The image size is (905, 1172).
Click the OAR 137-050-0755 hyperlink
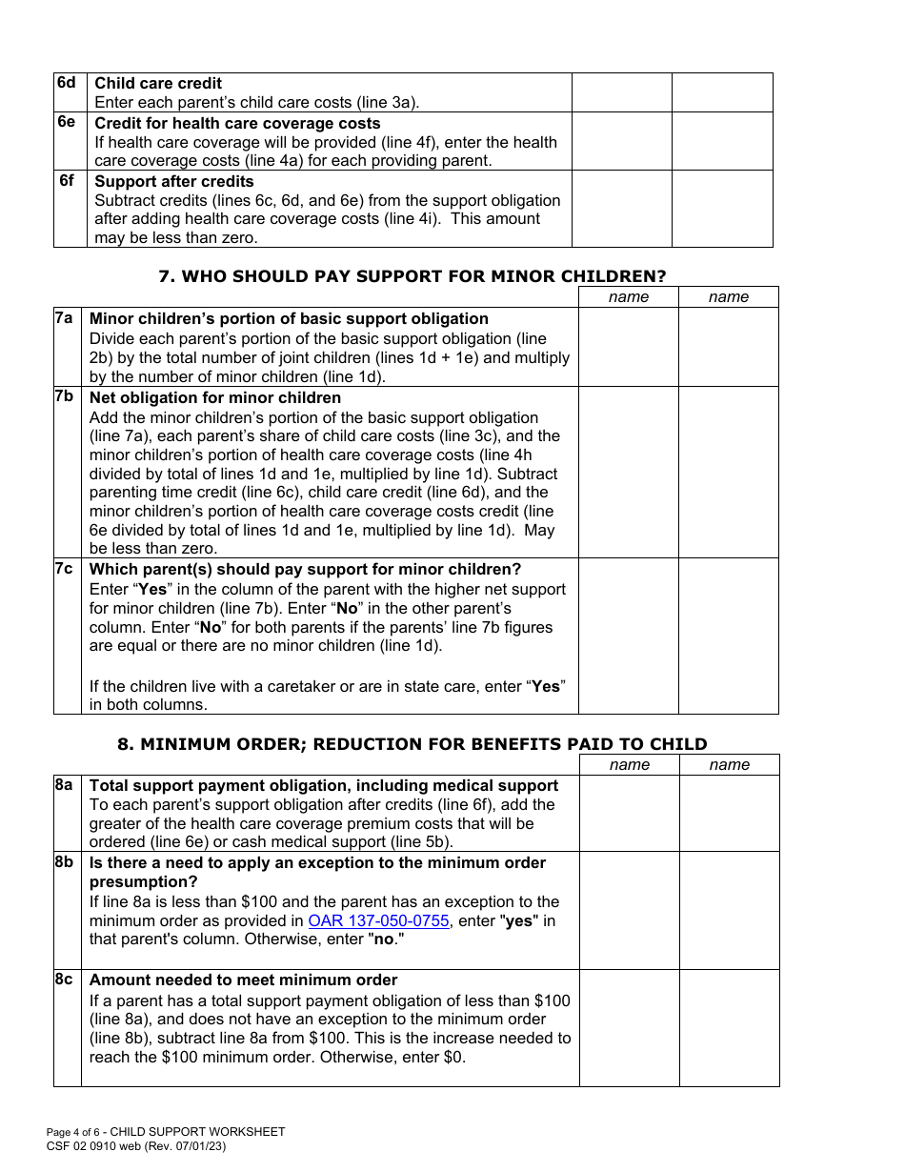(378, 920)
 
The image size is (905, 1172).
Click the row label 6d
(66, 83)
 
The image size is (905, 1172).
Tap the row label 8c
(64, 980)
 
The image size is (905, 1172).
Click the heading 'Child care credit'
(158, 83)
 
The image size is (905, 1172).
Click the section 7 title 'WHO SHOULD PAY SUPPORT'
(412, 276)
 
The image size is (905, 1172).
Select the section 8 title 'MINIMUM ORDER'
(424, 744)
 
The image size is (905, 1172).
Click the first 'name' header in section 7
(629, 297)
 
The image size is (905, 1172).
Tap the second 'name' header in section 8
(730, 765)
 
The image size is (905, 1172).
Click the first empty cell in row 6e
(621, 141)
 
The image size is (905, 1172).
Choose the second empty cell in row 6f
(722, 209)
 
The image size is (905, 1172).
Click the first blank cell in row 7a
(629, 347)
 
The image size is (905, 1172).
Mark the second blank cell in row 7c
(729, 636)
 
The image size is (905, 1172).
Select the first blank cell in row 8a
(629, 813)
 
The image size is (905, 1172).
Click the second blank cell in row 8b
(729, 910)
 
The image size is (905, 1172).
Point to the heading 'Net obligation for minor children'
(215, 397)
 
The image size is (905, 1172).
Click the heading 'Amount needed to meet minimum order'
(243, 980)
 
